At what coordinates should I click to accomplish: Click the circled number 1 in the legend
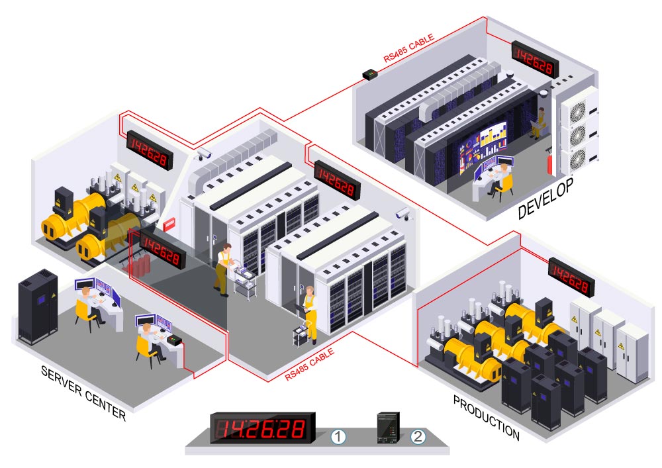point(338,437)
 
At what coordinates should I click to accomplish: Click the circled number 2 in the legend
point(418,436)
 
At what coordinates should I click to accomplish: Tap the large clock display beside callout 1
point(263,428)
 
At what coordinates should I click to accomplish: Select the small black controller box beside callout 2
point(388,428)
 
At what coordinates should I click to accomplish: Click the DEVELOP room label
point(545,198)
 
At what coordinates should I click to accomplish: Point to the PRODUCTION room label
point(486,417)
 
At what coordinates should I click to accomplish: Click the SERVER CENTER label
point(83,393)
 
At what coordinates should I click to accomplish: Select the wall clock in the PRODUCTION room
point(571,277)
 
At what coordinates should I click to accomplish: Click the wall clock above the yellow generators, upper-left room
point(150,150)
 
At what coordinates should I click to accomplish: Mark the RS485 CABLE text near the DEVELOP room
point(408,48)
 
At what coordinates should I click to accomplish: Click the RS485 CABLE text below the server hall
point(309,365)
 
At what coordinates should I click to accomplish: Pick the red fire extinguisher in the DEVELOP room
point(549,160)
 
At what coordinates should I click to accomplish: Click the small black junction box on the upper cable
point(370,74)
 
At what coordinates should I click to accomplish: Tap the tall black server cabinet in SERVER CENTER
point(38,306)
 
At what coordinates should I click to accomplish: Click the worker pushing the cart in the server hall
point(222,269)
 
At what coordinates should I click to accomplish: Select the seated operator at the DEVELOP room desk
point(500,180)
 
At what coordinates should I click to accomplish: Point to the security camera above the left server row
point(203,154)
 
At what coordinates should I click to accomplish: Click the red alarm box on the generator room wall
point(169,224)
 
